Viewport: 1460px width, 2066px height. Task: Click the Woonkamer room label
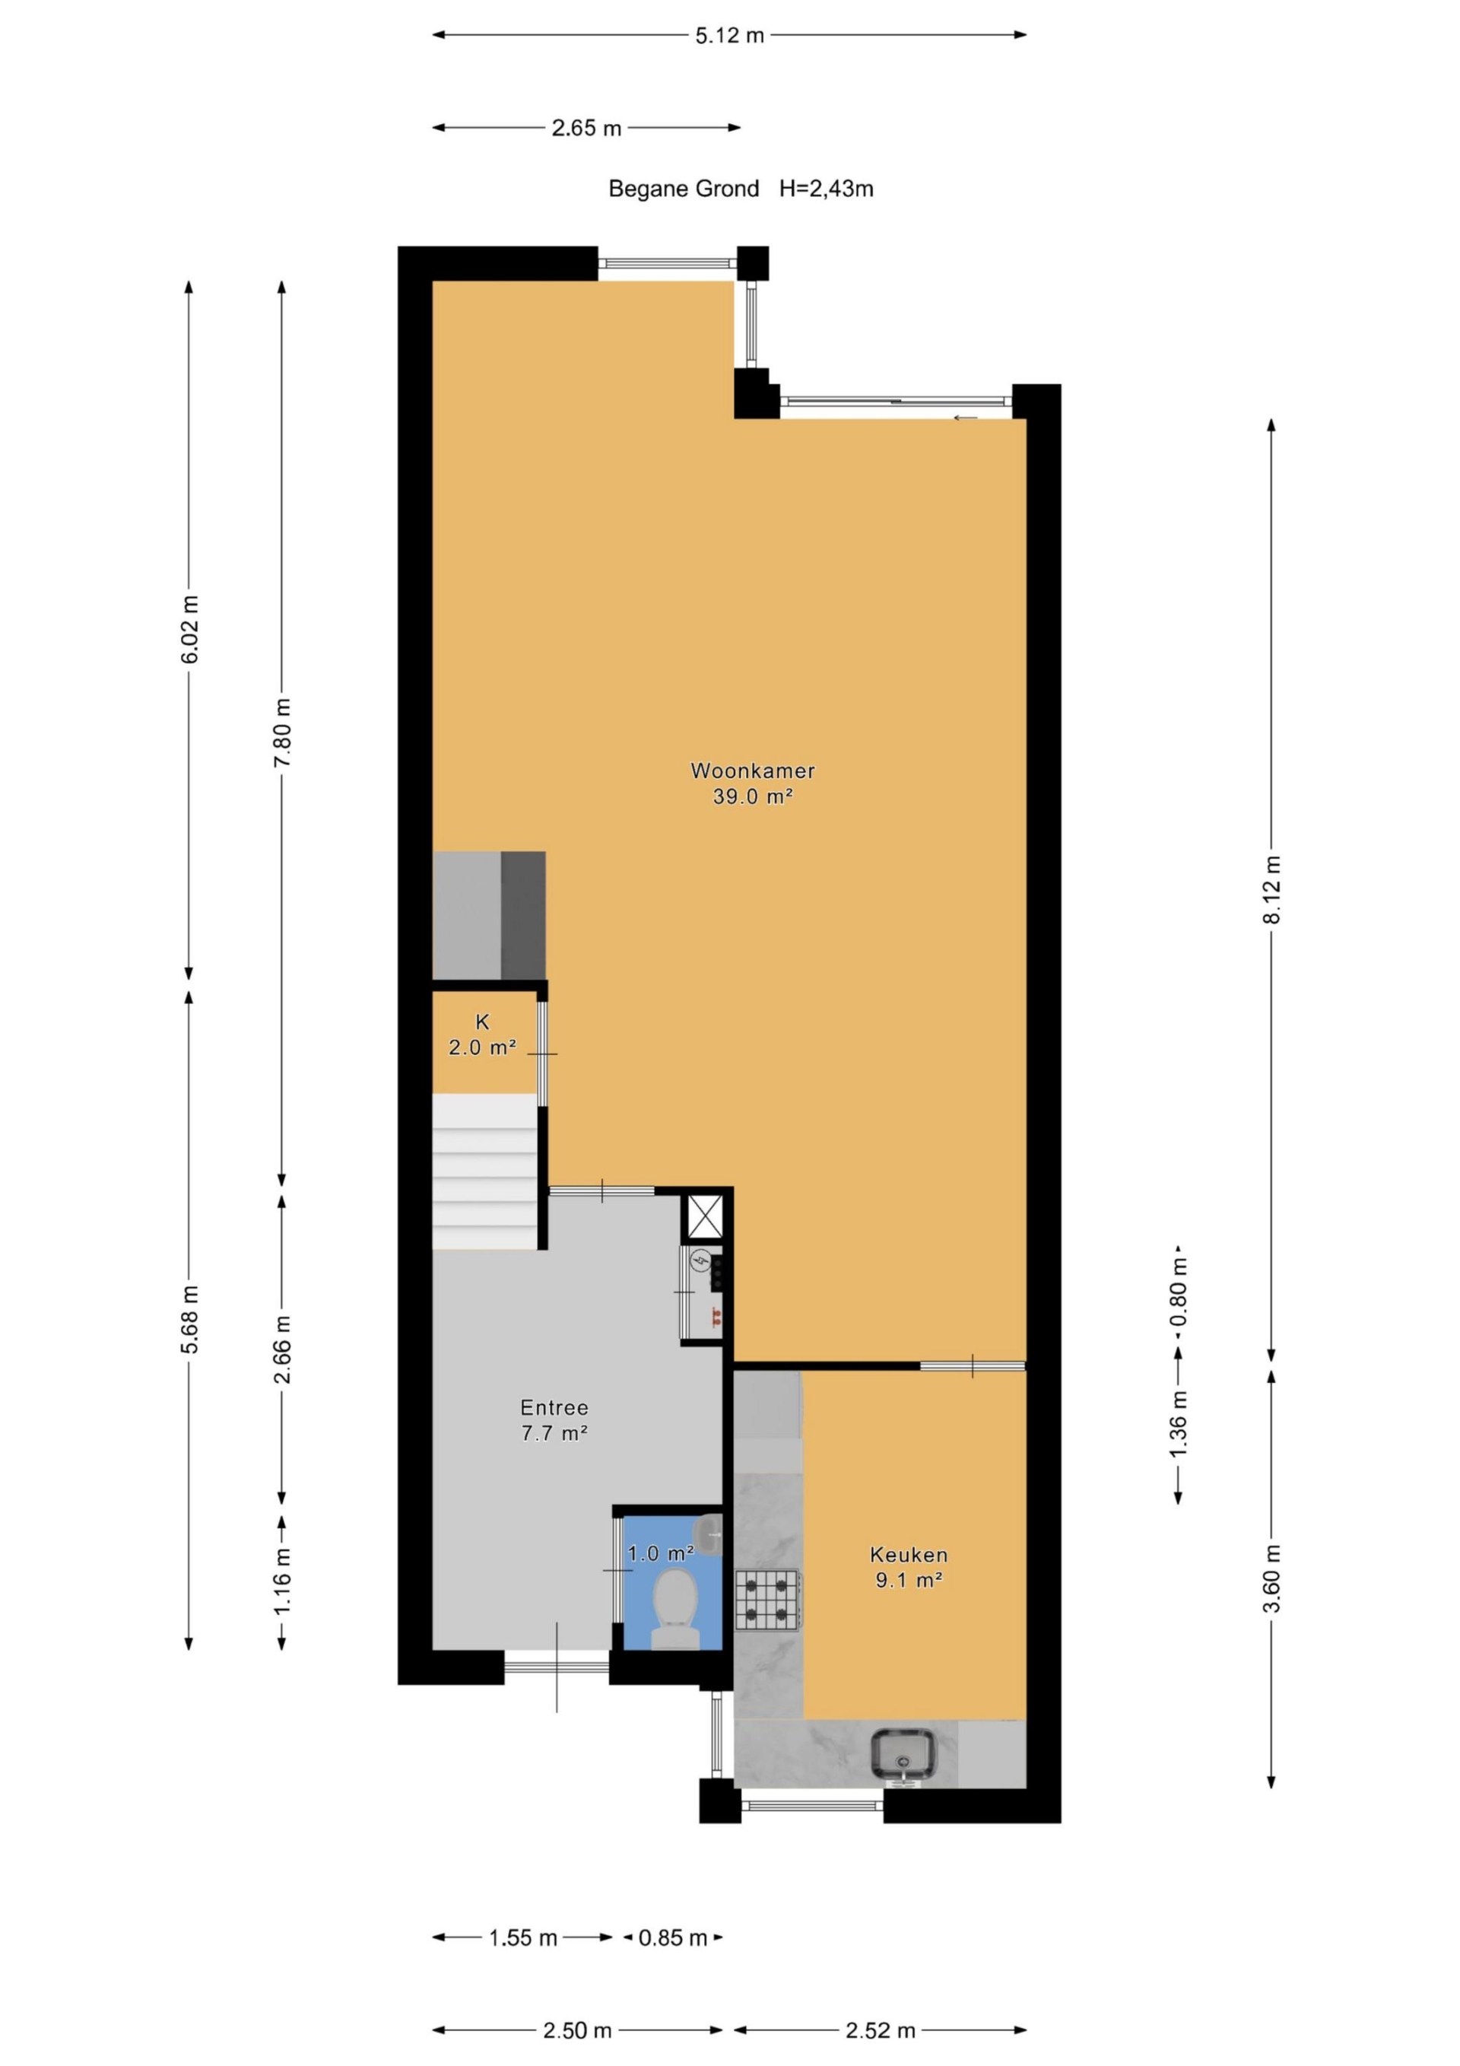[x=753, y=771]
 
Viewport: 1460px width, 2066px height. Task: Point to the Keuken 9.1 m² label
[x=909, y=1566]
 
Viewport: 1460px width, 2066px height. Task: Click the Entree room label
[x=554, y=1407]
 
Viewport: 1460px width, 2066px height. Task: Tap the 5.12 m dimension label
[x=728, y=36]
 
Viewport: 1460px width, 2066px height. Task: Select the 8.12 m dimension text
[x=1271, y=889]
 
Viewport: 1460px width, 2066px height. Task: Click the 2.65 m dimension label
[x=586, y=129]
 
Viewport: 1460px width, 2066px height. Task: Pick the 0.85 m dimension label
[x=673, y=1938]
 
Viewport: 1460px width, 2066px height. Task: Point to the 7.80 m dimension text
[x=282, y=733]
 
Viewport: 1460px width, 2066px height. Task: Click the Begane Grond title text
[x=684, y=189]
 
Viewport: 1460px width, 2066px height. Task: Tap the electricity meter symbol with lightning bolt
[x=700, y=1261]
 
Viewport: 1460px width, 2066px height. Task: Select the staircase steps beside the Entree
[x=485, y=1171]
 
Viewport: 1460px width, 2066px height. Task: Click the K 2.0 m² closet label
[x=482, y=1035]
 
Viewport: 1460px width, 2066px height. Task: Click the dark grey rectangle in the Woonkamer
[x=522, y=914]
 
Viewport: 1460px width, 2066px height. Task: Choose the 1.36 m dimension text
[x=1179, y=1423]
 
